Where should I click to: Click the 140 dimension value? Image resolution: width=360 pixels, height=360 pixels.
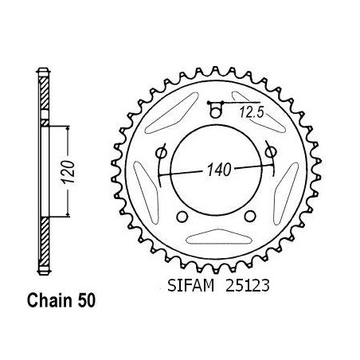(x=219, y=170)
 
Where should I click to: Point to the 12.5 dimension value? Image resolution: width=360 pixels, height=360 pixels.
(x=252, y=112)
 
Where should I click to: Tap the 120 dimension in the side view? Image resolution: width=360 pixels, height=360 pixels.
(x=68, y=172)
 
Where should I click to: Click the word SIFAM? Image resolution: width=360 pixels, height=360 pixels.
(x=190, y=286)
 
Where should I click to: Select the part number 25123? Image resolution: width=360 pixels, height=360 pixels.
(x=248, y=286)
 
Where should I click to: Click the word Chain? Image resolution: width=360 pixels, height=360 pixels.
(x=49, y=301)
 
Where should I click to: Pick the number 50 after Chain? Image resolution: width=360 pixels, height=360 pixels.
(x=86, y=301)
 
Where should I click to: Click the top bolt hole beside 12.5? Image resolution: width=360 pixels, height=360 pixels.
(x=215, y=113)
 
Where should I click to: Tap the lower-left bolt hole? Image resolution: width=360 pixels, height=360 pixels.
(x=182, y=217)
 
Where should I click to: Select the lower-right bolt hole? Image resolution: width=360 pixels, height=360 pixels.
(x=250, y=216)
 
